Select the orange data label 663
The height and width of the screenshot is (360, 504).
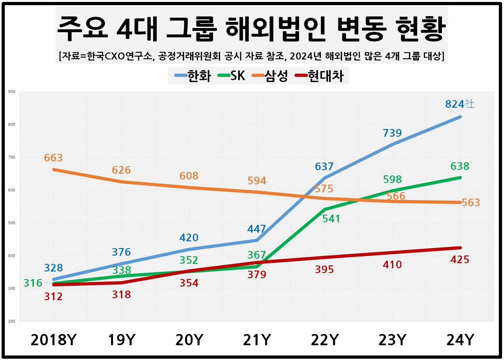point(54,158)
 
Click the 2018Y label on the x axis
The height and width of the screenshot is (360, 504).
point(54,340)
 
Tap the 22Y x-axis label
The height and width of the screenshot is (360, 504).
point(324,340)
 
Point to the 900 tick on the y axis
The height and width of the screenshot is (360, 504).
point(11,92)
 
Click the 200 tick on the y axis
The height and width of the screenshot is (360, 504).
point(11,321)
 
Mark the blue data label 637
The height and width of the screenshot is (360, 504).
point(324,166)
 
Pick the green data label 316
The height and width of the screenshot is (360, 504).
point(33,283)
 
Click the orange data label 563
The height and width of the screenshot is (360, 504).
point(471,203)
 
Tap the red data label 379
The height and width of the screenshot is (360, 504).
point(257,275)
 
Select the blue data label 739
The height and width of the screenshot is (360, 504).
point(392,133)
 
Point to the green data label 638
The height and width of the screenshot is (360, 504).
point(460,166)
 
